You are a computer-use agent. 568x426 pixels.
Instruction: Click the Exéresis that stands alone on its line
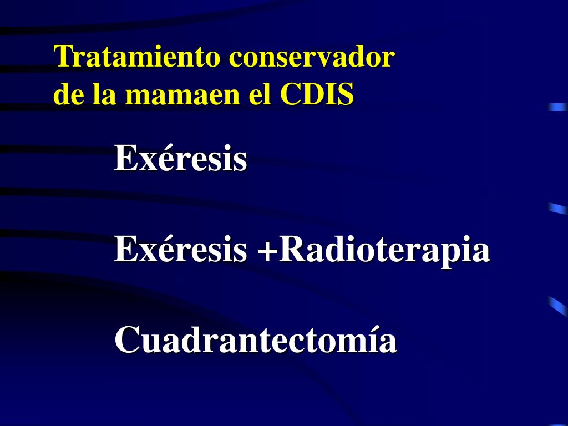point(180,159)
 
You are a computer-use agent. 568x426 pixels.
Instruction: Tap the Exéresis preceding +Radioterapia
point(180,250)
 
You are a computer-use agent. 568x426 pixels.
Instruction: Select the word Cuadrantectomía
point(256,340)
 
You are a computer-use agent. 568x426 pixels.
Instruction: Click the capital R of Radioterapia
point(289,250)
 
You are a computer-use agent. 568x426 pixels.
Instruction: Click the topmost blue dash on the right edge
point(557,107)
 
